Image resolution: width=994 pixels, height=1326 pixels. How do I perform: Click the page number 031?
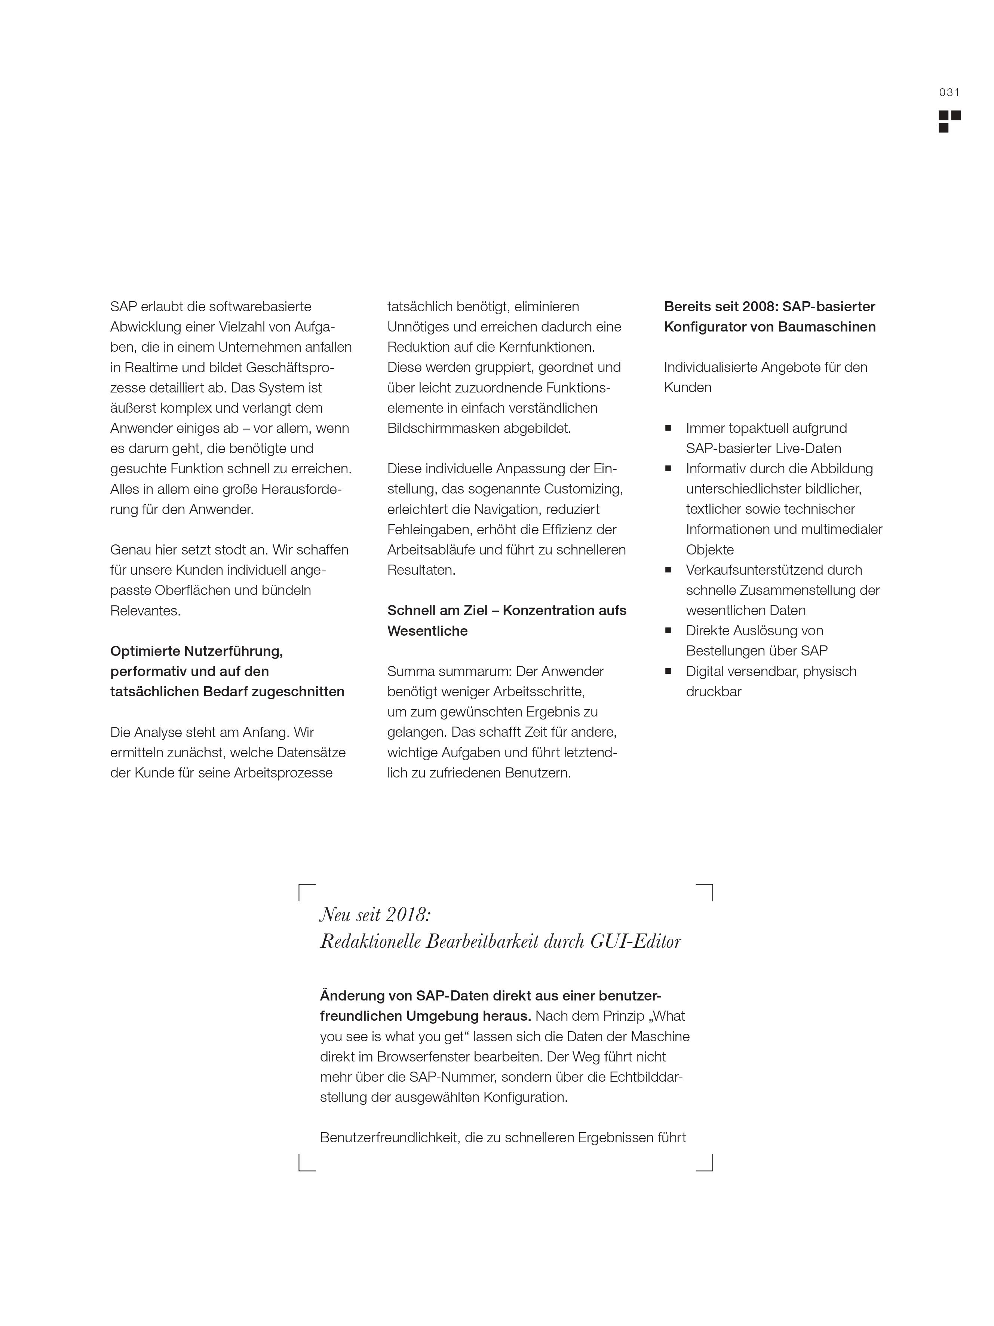pos(949,92)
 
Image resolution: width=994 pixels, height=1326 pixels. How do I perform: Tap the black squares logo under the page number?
pos(949,121)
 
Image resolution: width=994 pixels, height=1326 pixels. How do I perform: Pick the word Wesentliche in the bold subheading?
pos(427,631)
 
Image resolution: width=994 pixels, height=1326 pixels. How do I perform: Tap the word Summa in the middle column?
pos(407,671)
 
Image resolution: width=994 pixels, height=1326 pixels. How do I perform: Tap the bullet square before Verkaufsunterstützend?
pos(668,570)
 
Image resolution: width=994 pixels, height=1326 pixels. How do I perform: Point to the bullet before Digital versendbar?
pos(668,671)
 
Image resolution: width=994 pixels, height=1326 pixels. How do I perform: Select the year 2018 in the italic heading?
pos(407,915)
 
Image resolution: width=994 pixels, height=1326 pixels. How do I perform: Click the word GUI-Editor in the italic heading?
pos(636,942)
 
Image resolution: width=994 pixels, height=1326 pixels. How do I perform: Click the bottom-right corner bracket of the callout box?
pos(705,1162)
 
